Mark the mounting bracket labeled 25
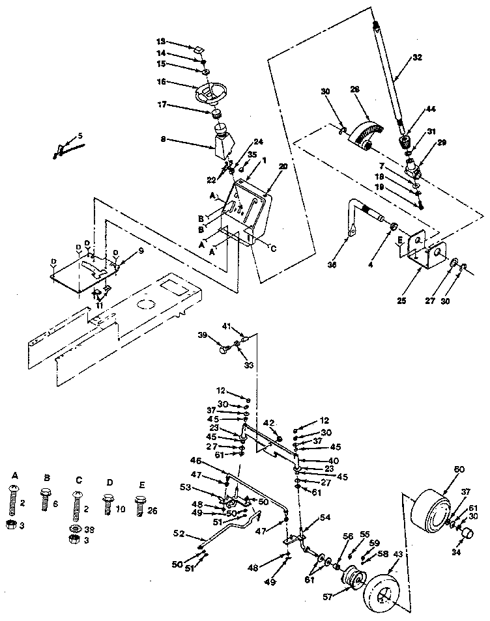[x=422, y=251]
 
